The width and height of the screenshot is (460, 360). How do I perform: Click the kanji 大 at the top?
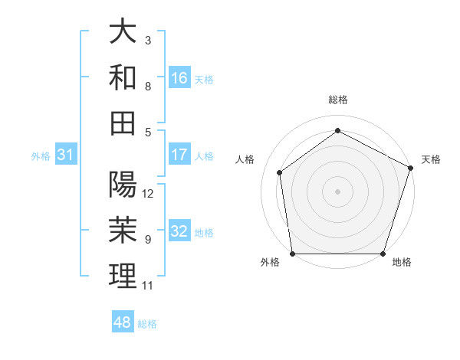pos(123,31)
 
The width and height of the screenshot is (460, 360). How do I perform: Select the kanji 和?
pos(123,77)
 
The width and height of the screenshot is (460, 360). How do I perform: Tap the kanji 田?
pos(123,123)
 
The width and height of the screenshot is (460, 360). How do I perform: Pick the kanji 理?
pos(123,276)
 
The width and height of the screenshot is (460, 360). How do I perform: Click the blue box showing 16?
pos(179,77)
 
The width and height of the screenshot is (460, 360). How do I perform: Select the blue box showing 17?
pos(179,155)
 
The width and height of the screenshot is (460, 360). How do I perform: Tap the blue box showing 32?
pos(179,232)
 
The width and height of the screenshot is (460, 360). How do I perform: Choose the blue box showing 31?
pos(66,155)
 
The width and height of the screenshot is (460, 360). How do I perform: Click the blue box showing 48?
pos(122,322)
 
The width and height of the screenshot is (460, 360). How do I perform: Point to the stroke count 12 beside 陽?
pos(149,194)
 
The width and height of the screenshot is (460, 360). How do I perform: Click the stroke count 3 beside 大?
pos(148,40)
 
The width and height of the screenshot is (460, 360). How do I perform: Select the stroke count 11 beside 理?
pos(148,286)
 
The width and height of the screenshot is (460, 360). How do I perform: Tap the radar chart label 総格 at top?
pos(337,100)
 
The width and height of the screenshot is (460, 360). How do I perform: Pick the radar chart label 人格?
pos(245,159)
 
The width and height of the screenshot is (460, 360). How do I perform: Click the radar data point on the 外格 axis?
pos(292,254)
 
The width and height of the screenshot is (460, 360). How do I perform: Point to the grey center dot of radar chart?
pos(337,191)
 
